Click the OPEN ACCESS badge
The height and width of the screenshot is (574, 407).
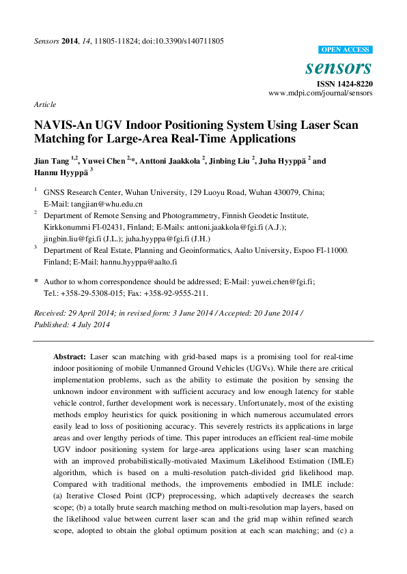point(346,50)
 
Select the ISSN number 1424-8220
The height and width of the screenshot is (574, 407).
point(354,84)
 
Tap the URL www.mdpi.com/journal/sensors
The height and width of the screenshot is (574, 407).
point(320,93)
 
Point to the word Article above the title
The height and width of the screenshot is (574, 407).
point(44,104)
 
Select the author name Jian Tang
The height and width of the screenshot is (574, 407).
point(53,162)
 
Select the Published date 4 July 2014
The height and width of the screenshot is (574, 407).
point(89,324)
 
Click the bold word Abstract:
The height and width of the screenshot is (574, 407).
point(69,357)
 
